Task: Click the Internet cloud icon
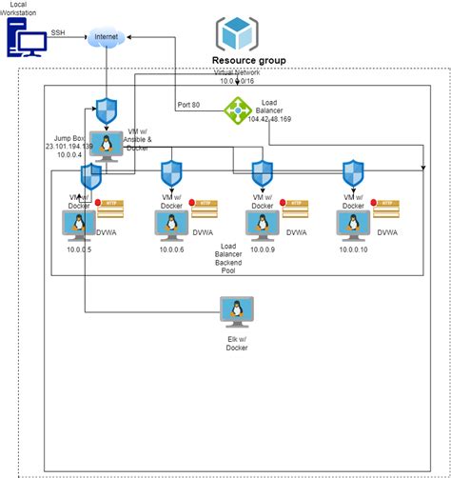click(x=107, y=39)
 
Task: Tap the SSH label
click(x=58, y=31)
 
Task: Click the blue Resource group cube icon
click(x=234, y=33)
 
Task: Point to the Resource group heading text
click(x=247, y=60)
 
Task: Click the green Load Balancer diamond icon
click(x=236, y=110)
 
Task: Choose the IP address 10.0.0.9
click(x=264, y=249)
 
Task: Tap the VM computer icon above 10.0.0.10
click(x=354, y=224)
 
